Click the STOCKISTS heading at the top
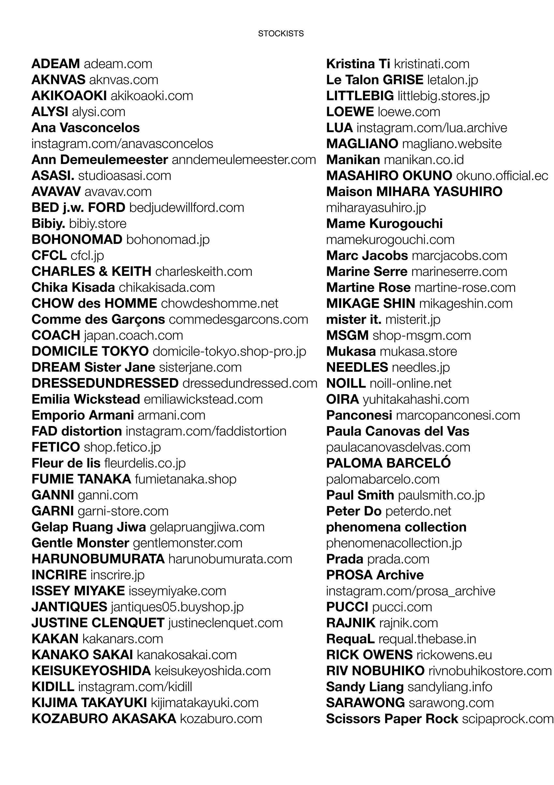(x=281, y=34)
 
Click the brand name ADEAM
(x=55, y=64)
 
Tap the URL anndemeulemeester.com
(x=244, y=160)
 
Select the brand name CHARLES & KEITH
(x=91, y=272)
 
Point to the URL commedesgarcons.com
(x=238, y=319)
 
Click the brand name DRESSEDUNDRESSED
(x=105, y=383)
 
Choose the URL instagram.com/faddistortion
(x=206, y=431)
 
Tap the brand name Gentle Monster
(x=80, y=543)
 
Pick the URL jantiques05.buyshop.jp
(x=177, y=607)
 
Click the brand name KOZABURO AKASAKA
(x=104, y=719)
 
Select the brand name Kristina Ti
(x=358, y=64)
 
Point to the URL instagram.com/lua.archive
(x=432, y=128)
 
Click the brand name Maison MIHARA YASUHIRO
(x=414, y=192)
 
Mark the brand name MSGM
(x=347, y=335)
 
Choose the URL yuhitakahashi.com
(x=415, y=399)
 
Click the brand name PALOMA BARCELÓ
(x=388, y=463)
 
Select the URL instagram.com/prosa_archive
(x=411, y=591)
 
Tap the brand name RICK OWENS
(x=369, y=655)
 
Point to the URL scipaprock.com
(x=507, y=719)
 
